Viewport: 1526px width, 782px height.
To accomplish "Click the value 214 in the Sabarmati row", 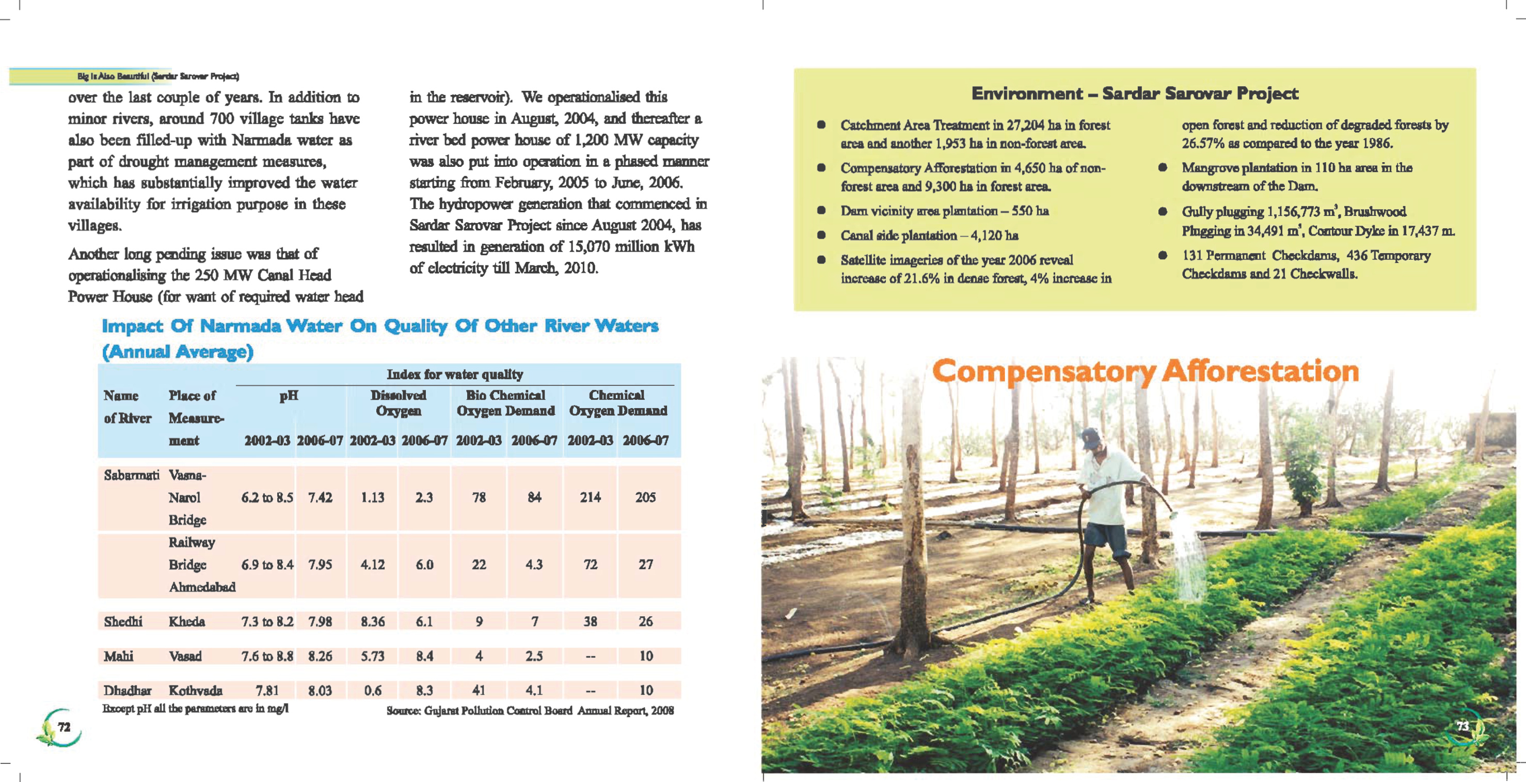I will point(590,497).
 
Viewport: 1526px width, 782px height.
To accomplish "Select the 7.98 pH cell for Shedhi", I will point(320,621).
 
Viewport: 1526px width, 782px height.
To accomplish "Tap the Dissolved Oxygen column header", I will point(398,403).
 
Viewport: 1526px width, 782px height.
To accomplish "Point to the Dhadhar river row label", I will point(128,690).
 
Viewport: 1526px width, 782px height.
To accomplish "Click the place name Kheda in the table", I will point(186,621).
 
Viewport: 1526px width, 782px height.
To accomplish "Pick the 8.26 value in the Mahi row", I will point(320,656).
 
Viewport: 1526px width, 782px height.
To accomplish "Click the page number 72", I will point(64,727).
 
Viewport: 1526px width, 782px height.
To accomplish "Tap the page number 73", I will point(1463,726).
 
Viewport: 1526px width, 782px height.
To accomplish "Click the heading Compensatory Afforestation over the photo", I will point(1145,372).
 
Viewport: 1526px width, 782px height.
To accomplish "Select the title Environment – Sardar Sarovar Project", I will point(1134,93).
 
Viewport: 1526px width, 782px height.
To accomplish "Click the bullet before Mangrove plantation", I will point(1163,168).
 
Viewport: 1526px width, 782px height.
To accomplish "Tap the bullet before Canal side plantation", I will point(821,236).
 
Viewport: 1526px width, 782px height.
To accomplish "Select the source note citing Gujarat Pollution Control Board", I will point(530,710).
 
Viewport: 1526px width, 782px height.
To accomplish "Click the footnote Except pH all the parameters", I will point(196,709).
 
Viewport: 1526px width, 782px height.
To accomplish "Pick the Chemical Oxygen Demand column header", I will point(618,403).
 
